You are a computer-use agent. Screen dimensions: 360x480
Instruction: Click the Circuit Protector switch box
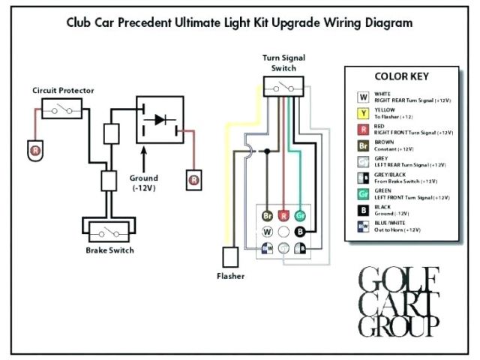61,110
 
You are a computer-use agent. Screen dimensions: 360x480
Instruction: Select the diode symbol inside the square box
160,119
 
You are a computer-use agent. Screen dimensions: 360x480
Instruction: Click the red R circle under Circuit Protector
34,151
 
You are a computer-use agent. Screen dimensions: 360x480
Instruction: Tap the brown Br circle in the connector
267,216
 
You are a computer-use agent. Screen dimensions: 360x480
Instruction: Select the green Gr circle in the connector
300,216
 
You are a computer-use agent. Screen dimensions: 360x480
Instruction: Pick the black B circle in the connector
300,232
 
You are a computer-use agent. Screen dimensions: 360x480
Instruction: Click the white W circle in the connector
267,247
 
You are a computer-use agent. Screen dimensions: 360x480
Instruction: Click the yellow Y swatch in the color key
363,114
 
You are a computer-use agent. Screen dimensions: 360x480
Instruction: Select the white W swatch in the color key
363,97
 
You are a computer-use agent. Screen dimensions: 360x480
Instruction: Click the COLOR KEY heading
401,77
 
